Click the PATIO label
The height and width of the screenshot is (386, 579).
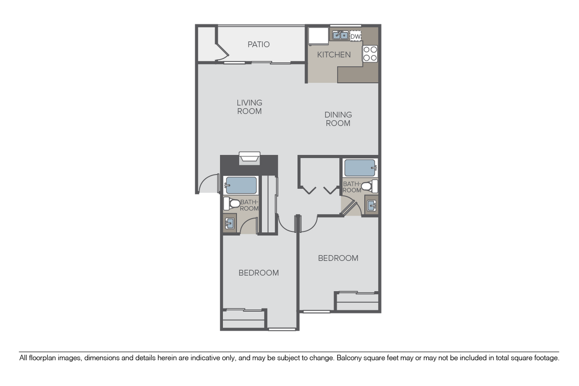(x=259, y=44)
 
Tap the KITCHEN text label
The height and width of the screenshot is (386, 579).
(x=334, y=55)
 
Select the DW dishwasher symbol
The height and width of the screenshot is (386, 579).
(x=356, y=36)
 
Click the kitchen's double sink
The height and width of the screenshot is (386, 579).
(x=339, y=35)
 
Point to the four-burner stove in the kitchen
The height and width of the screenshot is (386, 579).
(x=370, y=54)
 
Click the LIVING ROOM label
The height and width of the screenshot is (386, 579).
(x=249, y=107)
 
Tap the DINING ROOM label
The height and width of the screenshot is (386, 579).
(x=338, y=119)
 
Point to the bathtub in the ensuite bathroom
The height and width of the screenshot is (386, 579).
(x=240, y=185)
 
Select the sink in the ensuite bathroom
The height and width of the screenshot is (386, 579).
(x=230, y=223)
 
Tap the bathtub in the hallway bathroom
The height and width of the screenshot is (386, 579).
(x=360, y=168)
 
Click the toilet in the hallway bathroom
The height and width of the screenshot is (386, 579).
(x=369, y=186)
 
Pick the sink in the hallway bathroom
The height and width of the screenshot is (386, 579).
(x=372, y=205)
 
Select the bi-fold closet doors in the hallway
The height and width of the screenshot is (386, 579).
(x=320, y=189)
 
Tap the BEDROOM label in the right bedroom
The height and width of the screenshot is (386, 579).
(x=338, y=258)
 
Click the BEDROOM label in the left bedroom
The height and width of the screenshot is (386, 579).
(x=259, y=273)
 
